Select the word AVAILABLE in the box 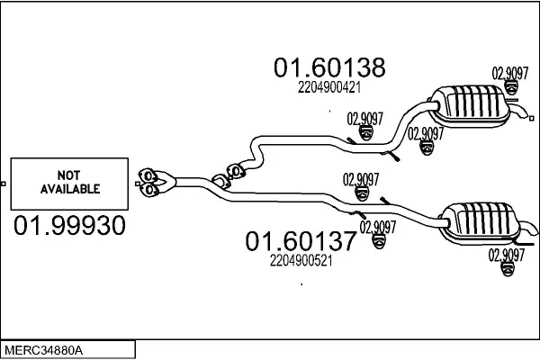(x=69, y=190)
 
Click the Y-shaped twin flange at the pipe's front (x=155, y=180)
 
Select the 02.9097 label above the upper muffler (x=509, y=73)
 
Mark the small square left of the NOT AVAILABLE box (x=4, y=184)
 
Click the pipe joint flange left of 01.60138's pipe (x=232, y=168)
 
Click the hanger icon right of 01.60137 (x=379, y=241)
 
